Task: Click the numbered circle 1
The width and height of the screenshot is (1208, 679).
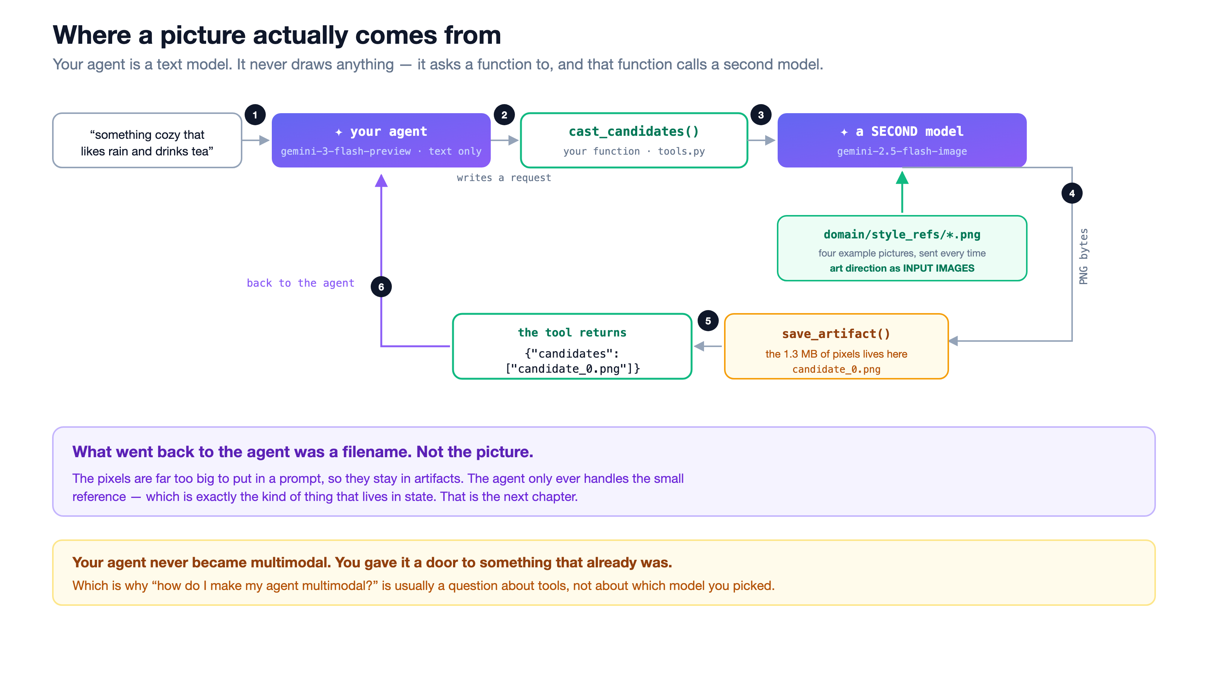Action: click(x=255, y=115)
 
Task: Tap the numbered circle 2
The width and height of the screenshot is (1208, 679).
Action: click(x=504, y=115)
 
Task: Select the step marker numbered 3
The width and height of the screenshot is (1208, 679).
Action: click(x=761, y=115)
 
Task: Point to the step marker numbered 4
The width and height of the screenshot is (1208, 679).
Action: click(x=1072, y=193)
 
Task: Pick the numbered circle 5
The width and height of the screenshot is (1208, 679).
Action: click(x=708, y=321)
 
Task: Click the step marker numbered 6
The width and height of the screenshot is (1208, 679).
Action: click(x=381, y=287)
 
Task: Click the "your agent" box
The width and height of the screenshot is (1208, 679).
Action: click(x=381, y=140)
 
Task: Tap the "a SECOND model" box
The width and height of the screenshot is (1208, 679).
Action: click(x=902, y=140)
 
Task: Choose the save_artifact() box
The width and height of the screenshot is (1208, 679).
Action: click(x=836, y=346)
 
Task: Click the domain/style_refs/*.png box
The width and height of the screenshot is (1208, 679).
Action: click(x=902, y=248)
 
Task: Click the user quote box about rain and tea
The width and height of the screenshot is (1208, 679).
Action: click(x=147, y=140)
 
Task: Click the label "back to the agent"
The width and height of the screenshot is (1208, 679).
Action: click(x=300, y=283)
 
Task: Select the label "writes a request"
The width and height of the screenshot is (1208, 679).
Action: click(x=504, y=178)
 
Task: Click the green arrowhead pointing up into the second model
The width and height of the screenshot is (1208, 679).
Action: click(x=902, y=178)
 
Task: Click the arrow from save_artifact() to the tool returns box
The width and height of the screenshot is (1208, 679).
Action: click(x=708, y=346)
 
